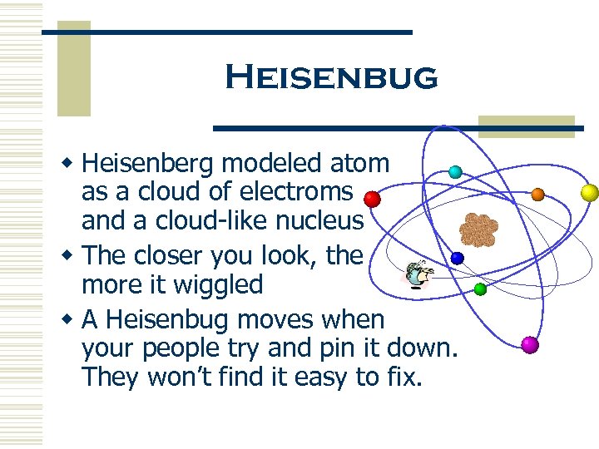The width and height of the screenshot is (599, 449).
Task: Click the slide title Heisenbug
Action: tap(331, 77)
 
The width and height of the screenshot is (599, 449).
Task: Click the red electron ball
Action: tap(373, 200)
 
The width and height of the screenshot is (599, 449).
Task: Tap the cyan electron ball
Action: tap(455, 172)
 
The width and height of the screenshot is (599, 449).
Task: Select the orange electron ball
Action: tap(537, 195)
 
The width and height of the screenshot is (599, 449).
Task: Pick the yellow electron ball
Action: tap(589, 193)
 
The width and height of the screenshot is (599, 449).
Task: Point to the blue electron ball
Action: tap(457, 258)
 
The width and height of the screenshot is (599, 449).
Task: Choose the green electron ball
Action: tap(480, 289)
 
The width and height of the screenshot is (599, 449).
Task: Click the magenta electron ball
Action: tap(529, 344)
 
